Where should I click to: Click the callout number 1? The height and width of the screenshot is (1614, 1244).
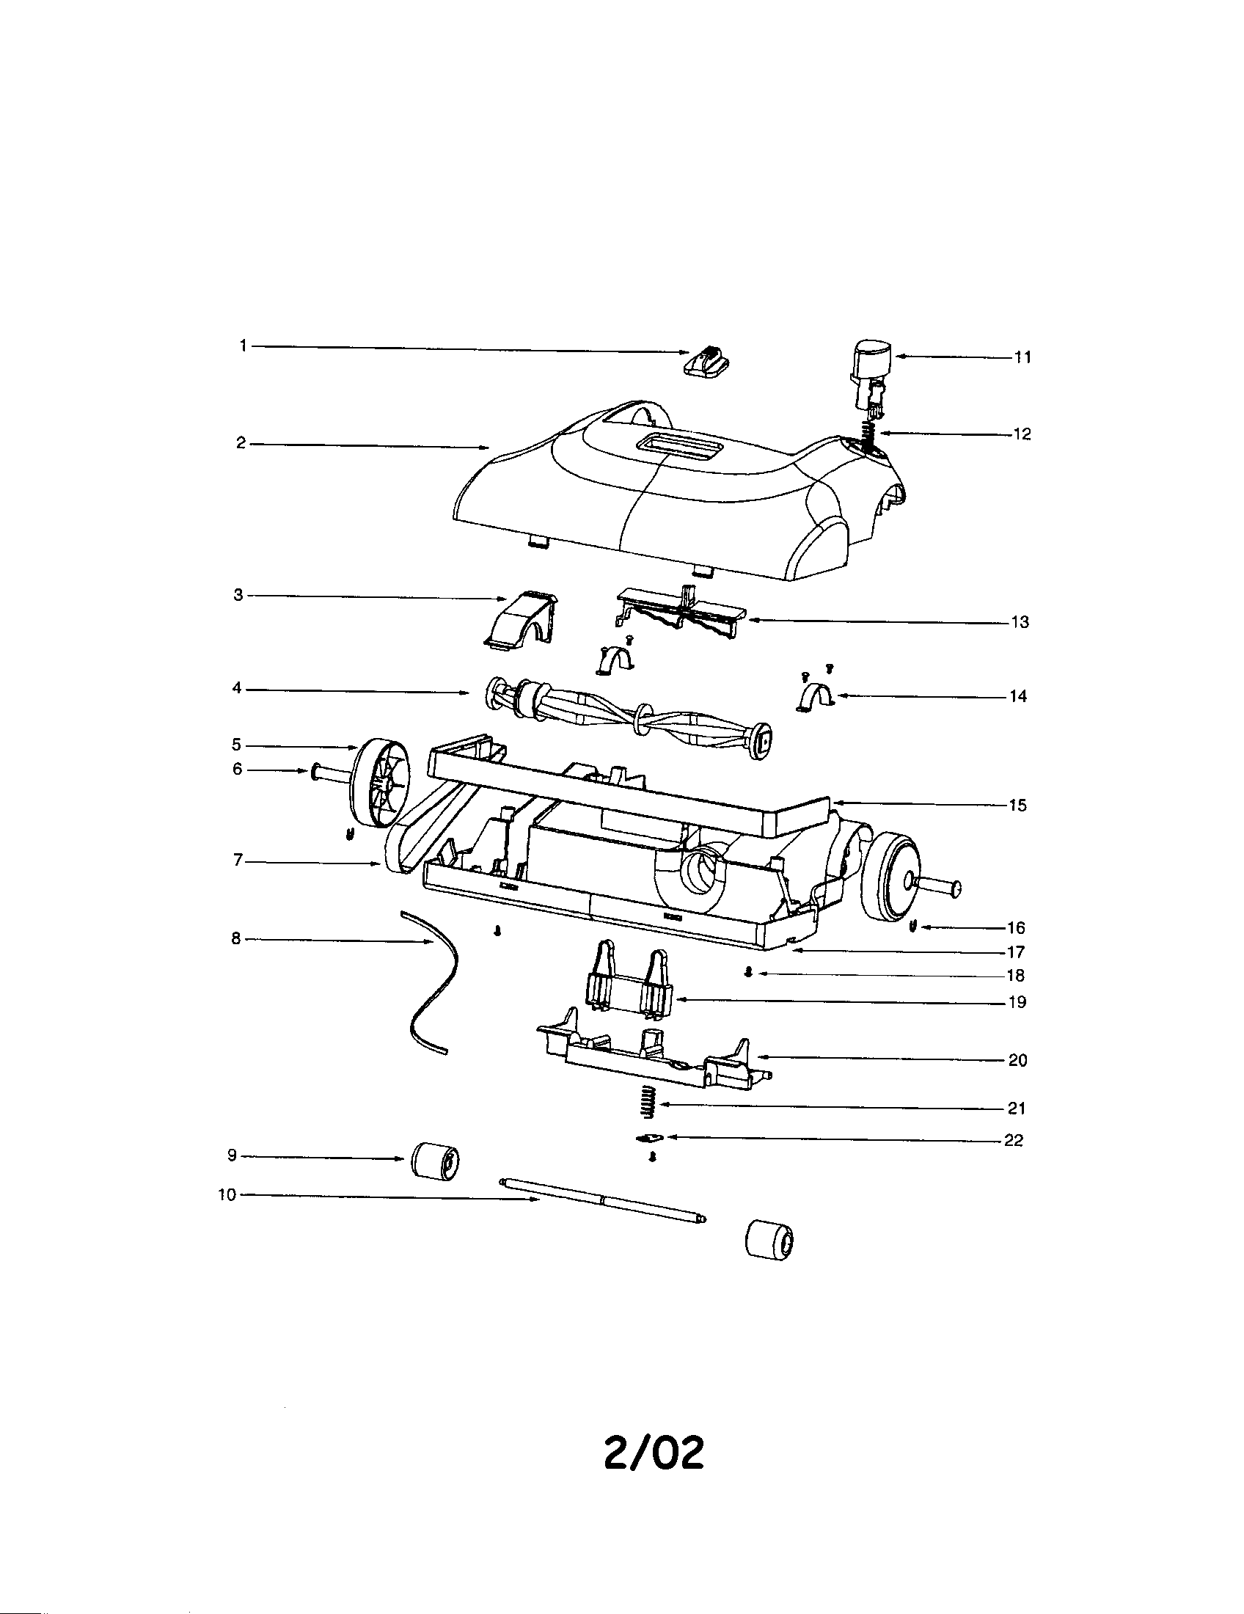[243, 345]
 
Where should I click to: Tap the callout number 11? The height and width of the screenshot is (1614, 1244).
[1022, 358]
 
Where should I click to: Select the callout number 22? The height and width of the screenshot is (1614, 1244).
[1014, 1140]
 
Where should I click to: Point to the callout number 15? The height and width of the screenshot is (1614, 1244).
[1017, 806]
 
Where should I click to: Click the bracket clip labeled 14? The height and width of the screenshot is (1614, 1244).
[815, 698]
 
